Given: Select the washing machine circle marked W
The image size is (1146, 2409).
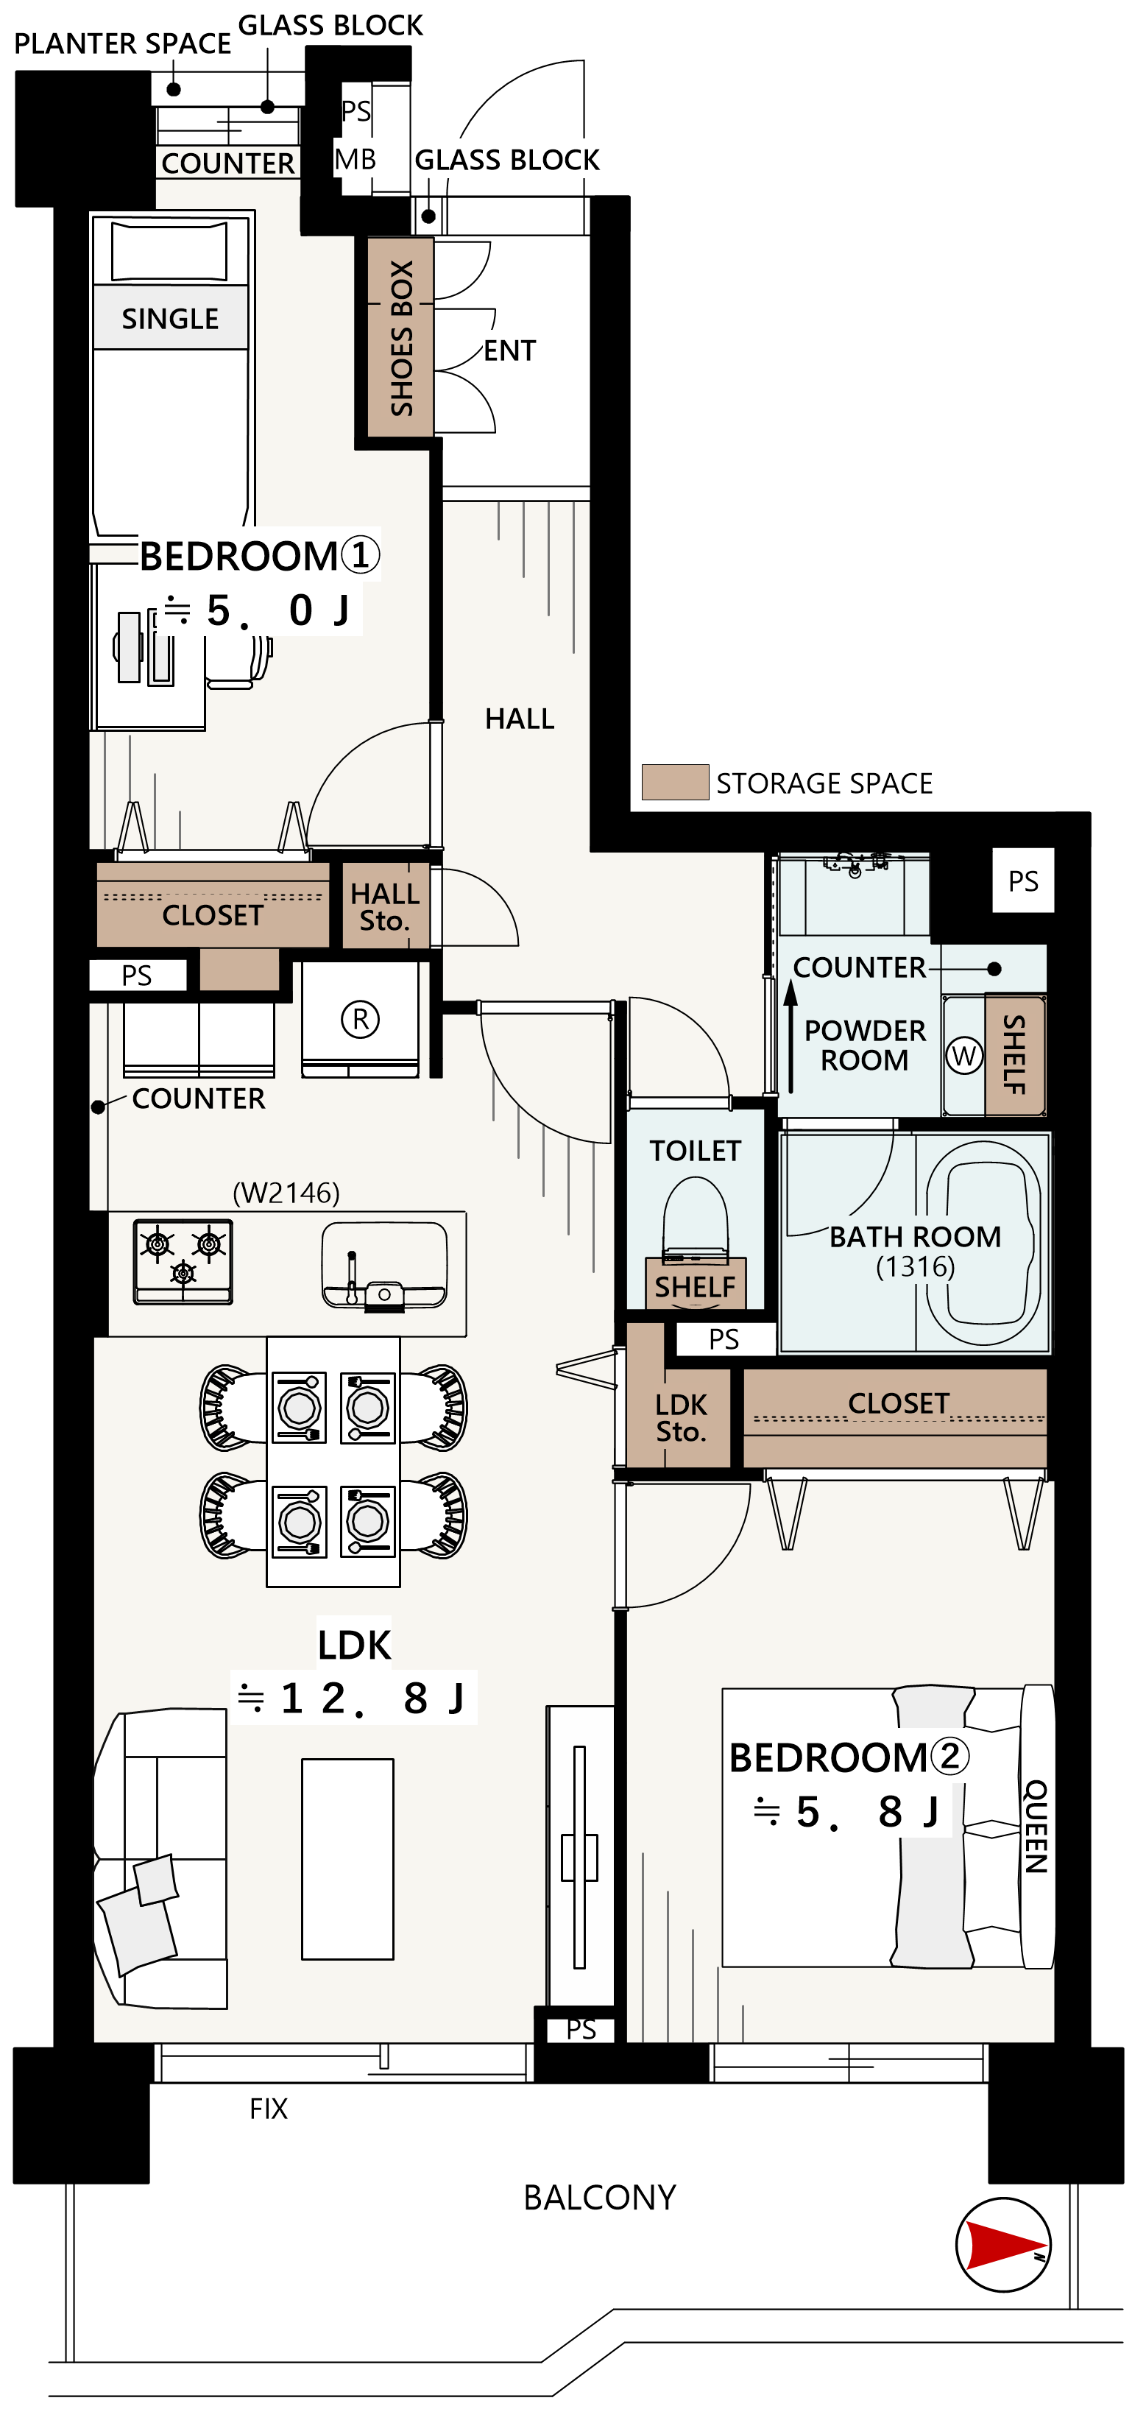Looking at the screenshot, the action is pyautogui.click(x=963, y=1056).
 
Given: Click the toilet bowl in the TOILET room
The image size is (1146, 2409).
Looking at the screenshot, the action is pyautogui.click(x=696, y=1216).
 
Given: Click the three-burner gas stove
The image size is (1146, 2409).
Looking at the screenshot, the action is pyautogui.click(x=183, y=1261).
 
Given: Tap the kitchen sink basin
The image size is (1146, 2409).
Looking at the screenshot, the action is pyautogui.click(x=384, y=1264).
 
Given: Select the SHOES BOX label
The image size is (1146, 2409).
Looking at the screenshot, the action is pyautogui.click(x=402, y=339).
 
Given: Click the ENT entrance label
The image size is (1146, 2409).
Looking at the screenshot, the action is pyautogui.click(x=509, y=350).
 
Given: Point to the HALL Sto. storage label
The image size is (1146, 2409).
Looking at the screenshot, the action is pyautogui.click(x=385, y=907).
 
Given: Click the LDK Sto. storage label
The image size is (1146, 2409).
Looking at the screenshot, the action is pyautogui.click(x=682, y=1418).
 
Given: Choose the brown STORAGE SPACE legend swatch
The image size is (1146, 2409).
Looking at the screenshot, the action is pyautogui.click(x=675, y=782).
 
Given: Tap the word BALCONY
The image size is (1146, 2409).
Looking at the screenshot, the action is pyautogui.click(x=599, y=2197).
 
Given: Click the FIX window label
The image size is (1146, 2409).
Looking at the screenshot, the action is pyautogui.click(x=268, y=2109).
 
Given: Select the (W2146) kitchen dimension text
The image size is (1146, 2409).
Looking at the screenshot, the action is pyautogui.click(x=286, y=1192).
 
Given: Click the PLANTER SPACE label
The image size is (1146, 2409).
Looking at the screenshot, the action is pyautogui.click(x=122, y=43).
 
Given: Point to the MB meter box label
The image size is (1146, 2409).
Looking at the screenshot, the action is pyautogui.click(x=356, y=159).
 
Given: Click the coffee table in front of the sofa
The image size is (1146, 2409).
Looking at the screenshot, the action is pyautogui.click(x=347, y=1859).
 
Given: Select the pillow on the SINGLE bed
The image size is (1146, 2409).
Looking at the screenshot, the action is pyautogui.click(x=169, y=250).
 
